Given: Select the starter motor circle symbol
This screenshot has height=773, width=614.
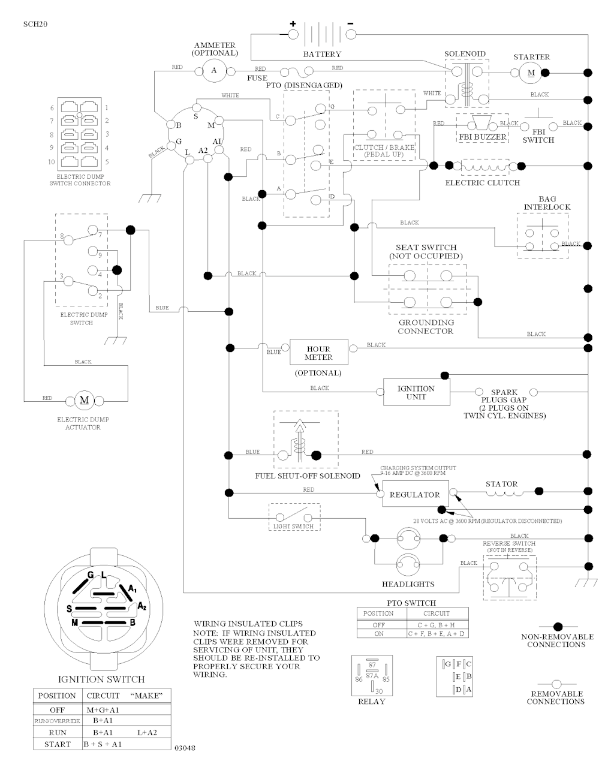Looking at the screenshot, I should pos(529,73).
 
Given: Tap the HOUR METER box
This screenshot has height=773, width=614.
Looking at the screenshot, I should pos(318,353).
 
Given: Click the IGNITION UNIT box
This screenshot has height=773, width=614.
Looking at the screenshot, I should pos(416,392).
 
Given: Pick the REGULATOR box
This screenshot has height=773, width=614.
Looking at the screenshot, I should pos(414,495).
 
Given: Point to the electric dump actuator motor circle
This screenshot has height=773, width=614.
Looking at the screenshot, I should pos(84,400).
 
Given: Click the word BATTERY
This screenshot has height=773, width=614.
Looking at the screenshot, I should pos(322,55).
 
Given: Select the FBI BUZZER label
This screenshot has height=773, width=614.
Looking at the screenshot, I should pos(482,137).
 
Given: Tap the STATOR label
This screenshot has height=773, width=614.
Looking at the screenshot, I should pos(501,484).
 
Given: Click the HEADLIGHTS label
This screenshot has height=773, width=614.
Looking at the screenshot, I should pos(408,583).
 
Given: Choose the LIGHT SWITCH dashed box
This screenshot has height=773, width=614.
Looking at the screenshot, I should pos(294,518).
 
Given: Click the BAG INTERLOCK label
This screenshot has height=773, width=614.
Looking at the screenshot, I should pos(547,203).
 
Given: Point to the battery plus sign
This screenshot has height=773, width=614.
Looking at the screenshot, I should pos(293,24).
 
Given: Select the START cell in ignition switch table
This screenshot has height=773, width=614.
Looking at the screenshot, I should pos(57,744).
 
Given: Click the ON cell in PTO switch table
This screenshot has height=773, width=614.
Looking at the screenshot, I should pos(378,633).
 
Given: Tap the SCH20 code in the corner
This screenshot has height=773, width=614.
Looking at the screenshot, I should pos(35,25).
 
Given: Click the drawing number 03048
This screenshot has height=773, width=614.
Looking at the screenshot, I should pos(184,748).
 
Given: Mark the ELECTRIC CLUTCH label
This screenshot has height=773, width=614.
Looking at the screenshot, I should pos(482,182).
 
